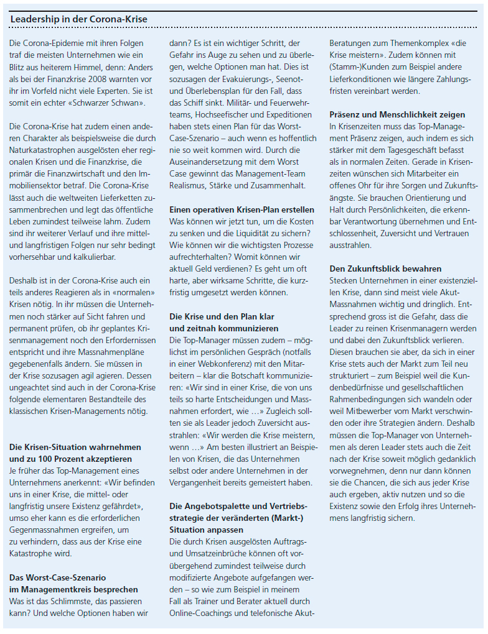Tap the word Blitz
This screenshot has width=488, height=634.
click(x=21, y=67)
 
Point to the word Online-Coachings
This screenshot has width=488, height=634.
click(x=201, y=613)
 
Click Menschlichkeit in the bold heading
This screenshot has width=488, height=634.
click(x=406, y=115)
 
